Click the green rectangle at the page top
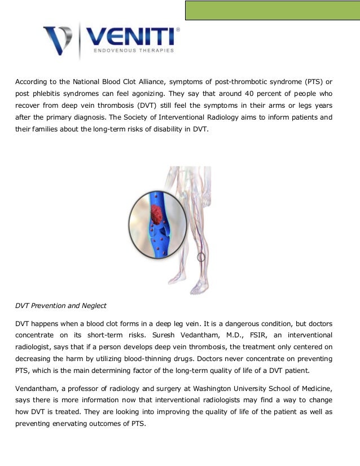[273, 10]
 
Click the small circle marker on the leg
[200, 258]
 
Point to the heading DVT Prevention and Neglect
[60, 306]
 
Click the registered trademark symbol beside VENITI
[178, 29]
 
